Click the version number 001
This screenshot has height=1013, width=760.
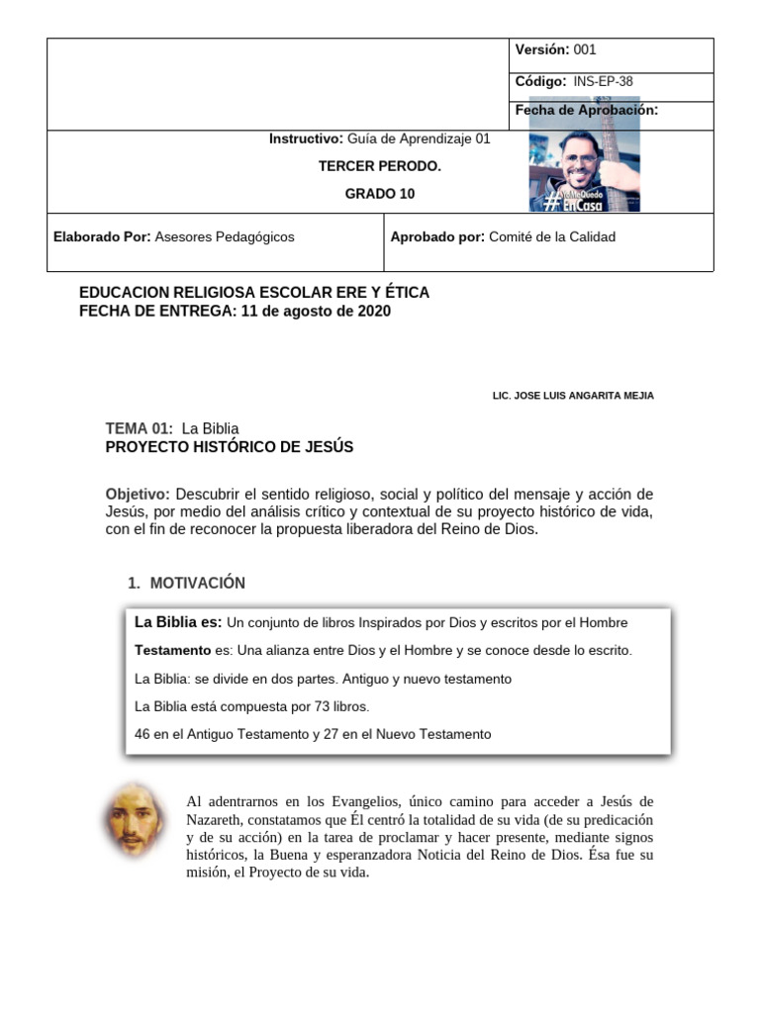click(x=584, y=49)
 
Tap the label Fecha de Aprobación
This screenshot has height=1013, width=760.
click(x=586, y=110)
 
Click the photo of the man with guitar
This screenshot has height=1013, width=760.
click(x=584, y=158)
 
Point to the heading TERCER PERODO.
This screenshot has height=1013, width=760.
click(x=379, y=166)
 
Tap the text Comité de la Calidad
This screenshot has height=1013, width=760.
click(x=552, y=236)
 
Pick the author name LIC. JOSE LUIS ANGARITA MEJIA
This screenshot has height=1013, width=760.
click(x=573, y=396)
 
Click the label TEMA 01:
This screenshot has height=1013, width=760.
click(x=139, y=428)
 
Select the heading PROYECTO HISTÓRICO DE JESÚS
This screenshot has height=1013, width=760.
click(x=229, y=447)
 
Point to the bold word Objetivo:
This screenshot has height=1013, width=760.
click(x=138, y=494)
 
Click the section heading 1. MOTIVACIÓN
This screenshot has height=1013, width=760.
click(x=186, y=583)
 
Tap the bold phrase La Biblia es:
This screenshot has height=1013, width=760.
click(x=177, y=622)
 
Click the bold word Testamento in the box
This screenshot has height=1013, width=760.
click(x=172, y=651)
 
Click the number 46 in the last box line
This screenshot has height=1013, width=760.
click(x=142, y=734)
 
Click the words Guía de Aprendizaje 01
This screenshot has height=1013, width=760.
click(x=419, y=138)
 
